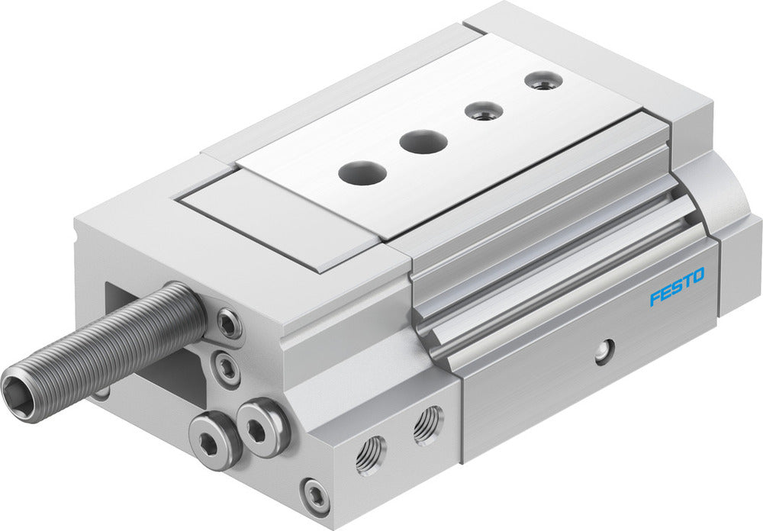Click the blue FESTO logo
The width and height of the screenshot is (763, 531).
point(677,286)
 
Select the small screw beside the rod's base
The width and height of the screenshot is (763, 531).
point(228,324)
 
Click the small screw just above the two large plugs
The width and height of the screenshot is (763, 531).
point(227,369)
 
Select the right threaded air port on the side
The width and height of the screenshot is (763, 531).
point(427,424)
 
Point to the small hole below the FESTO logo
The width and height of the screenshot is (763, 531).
point(604,351)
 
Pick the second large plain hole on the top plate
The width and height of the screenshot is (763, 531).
point(423,141)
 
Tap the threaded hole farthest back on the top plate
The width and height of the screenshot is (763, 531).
point(542,82)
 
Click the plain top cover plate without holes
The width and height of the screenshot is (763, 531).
point(278,217)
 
